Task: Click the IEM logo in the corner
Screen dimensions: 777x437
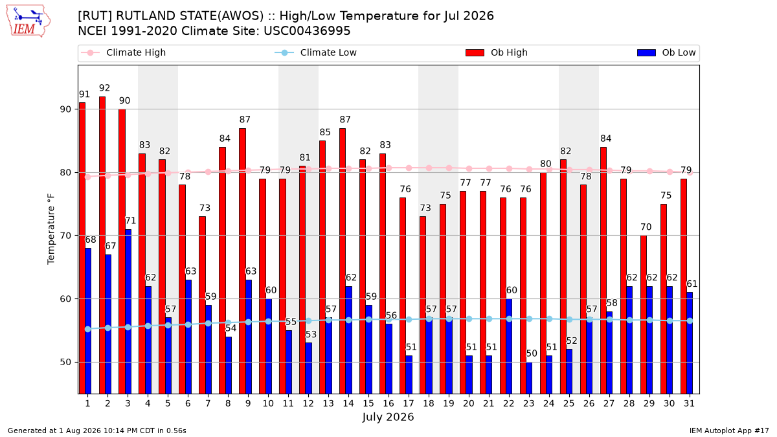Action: click(x=28, y=21)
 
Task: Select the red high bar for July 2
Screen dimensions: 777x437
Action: click(x=102, y=245)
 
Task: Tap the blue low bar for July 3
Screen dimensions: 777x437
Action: click(x=128, y=311)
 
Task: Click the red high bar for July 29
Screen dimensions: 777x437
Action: click(x=644, y=315)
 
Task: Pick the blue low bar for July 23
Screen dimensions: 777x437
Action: click(x=529, y=377)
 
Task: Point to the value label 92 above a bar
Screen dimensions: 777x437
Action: click(x=104, y=88)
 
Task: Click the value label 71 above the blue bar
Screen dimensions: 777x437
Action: click(x=130, y=221)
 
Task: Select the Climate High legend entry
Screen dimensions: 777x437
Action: click(x=123, y=52)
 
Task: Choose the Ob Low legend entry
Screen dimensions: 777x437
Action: click(x=666, y=52)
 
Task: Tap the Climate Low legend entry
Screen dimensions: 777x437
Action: click(x=316, y=52)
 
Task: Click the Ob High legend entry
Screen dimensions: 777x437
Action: click(x=497, y=52)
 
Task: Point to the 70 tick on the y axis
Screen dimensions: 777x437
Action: click(x=65, y=236)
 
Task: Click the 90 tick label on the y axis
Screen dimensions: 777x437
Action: click(x=65, y=109)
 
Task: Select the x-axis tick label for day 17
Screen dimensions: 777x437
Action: click(x=409, y=403)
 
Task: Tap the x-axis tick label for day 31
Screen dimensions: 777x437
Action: click(x=689, y=403)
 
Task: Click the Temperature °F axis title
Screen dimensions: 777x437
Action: click(x=51, y=229)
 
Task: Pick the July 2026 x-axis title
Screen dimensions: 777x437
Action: click(x=388, y=417)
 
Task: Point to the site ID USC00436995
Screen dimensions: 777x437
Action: click(x=307, y=31)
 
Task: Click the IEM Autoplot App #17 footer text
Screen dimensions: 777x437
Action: click(x=729, y=431)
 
